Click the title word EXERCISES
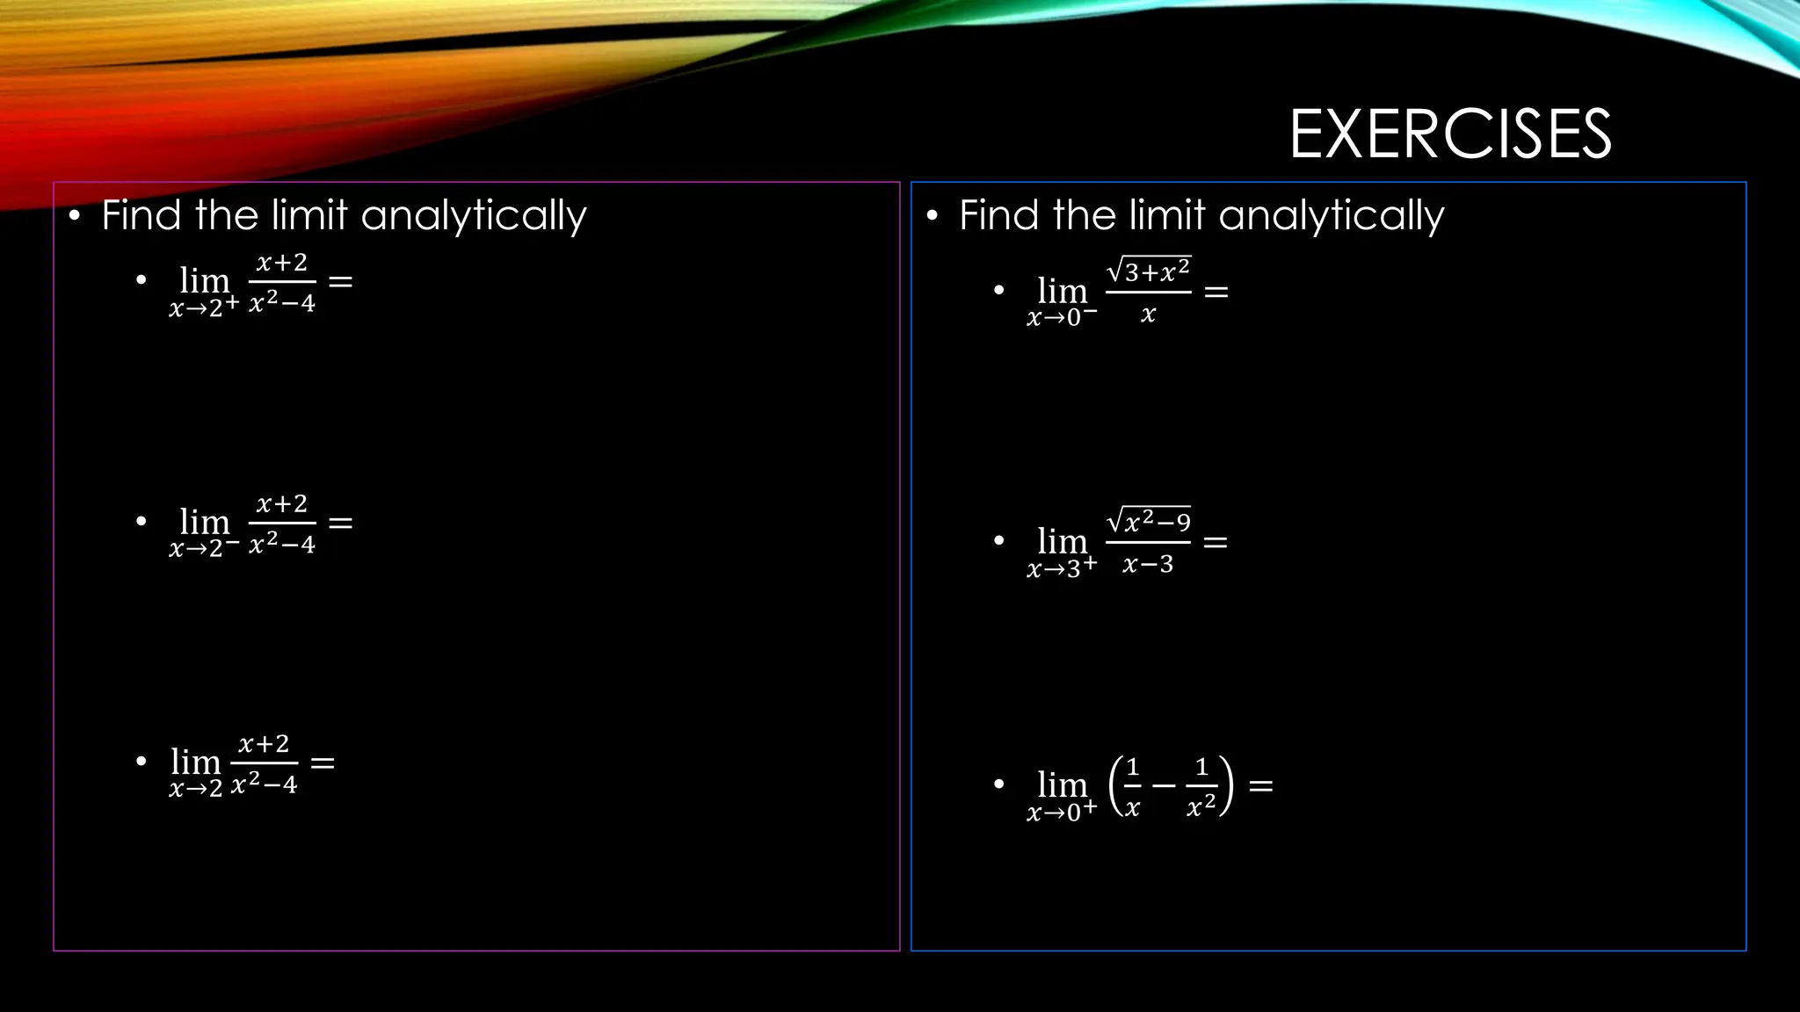point(1450,134)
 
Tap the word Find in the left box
point(141,215)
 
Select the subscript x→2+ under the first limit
point(204,307)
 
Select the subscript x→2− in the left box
point(204,548)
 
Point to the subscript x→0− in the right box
point(1062,316)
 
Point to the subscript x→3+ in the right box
point(1062,567)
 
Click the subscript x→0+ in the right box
point(1062,811)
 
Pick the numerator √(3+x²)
point(1149,271)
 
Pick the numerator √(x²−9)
point(1149,521)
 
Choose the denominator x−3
point(1148,564)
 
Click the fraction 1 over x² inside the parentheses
point(1201,786)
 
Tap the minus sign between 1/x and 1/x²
point(1164,785)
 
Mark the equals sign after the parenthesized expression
point(1261,786)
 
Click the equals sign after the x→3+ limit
point(1216,543)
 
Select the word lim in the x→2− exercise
point(204,522)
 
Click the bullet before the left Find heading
point(75,215)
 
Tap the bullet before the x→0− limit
point(998,290)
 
